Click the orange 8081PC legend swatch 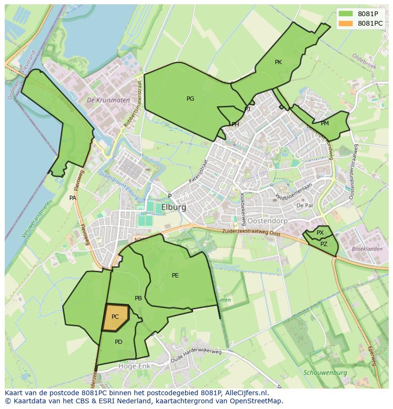(346, 23)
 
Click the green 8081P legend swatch (346, 14)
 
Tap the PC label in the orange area (115, 317)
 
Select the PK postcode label (278, 62)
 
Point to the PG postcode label (190, 99)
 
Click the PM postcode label (325, 124)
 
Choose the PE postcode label (175, 276)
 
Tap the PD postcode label (119, 342)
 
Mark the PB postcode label (138, 298)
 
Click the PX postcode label (320, 233)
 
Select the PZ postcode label (324, 244)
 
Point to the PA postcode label (73, 198)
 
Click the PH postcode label (235, 124)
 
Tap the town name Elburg (174, 208)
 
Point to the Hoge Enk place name (135, 366)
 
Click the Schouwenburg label (325, 373)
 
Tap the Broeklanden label (367, 249)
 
